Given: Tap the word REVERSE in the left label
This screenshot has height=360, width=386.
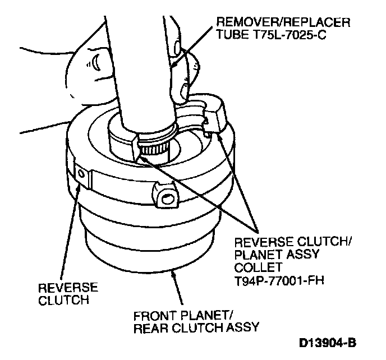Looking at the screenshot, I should click(x=67, y=288).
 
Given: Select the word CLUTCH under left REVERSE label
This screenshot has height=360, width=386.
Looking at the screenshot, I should click(x=63, y=300).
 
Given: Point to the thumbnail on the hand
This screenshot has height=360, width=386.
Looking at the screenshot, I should click(x=99, y=58).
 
